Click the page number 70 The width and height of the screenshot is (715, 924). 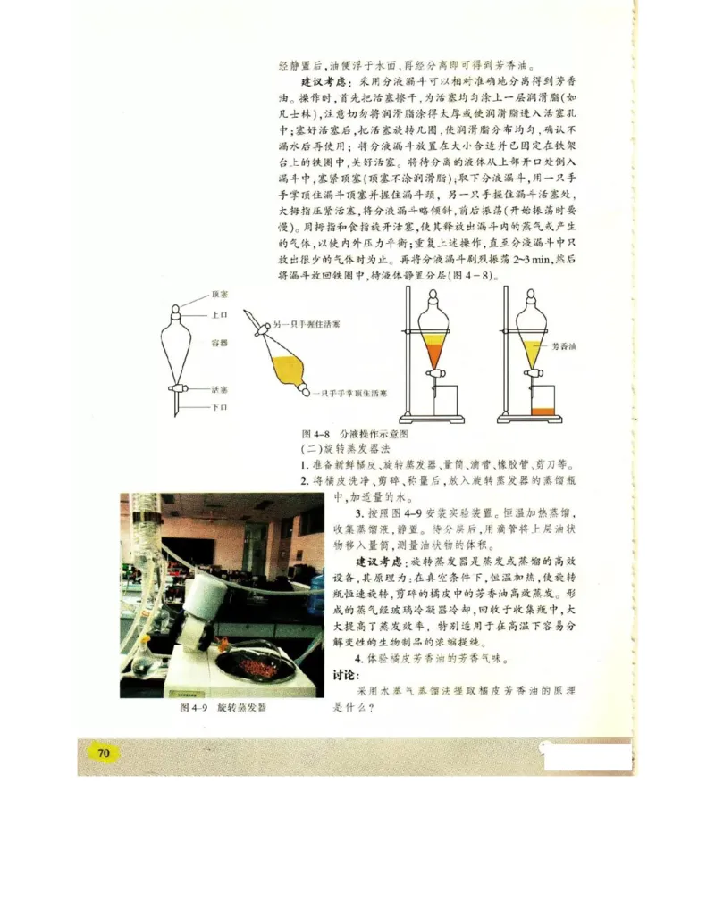(x=103, y=753)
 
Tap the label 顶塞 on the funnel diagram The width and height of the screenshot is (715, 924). (x=220, y=295)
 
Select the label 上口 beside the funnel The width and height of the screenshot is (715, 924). (x=220, y=315)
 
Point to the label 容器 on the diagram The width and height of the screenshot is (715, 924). (x=220, y=342)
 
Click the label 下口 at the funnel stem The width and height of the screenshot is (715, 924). (x=220, y=407)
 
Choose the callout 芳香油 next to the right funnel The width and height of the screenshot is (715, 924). (x=563, y=344)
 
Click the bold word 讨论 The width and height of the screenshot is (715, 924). (x=347, y=674)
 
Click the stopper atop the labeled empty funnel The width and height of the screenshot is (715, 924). (x=175, y=305)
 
